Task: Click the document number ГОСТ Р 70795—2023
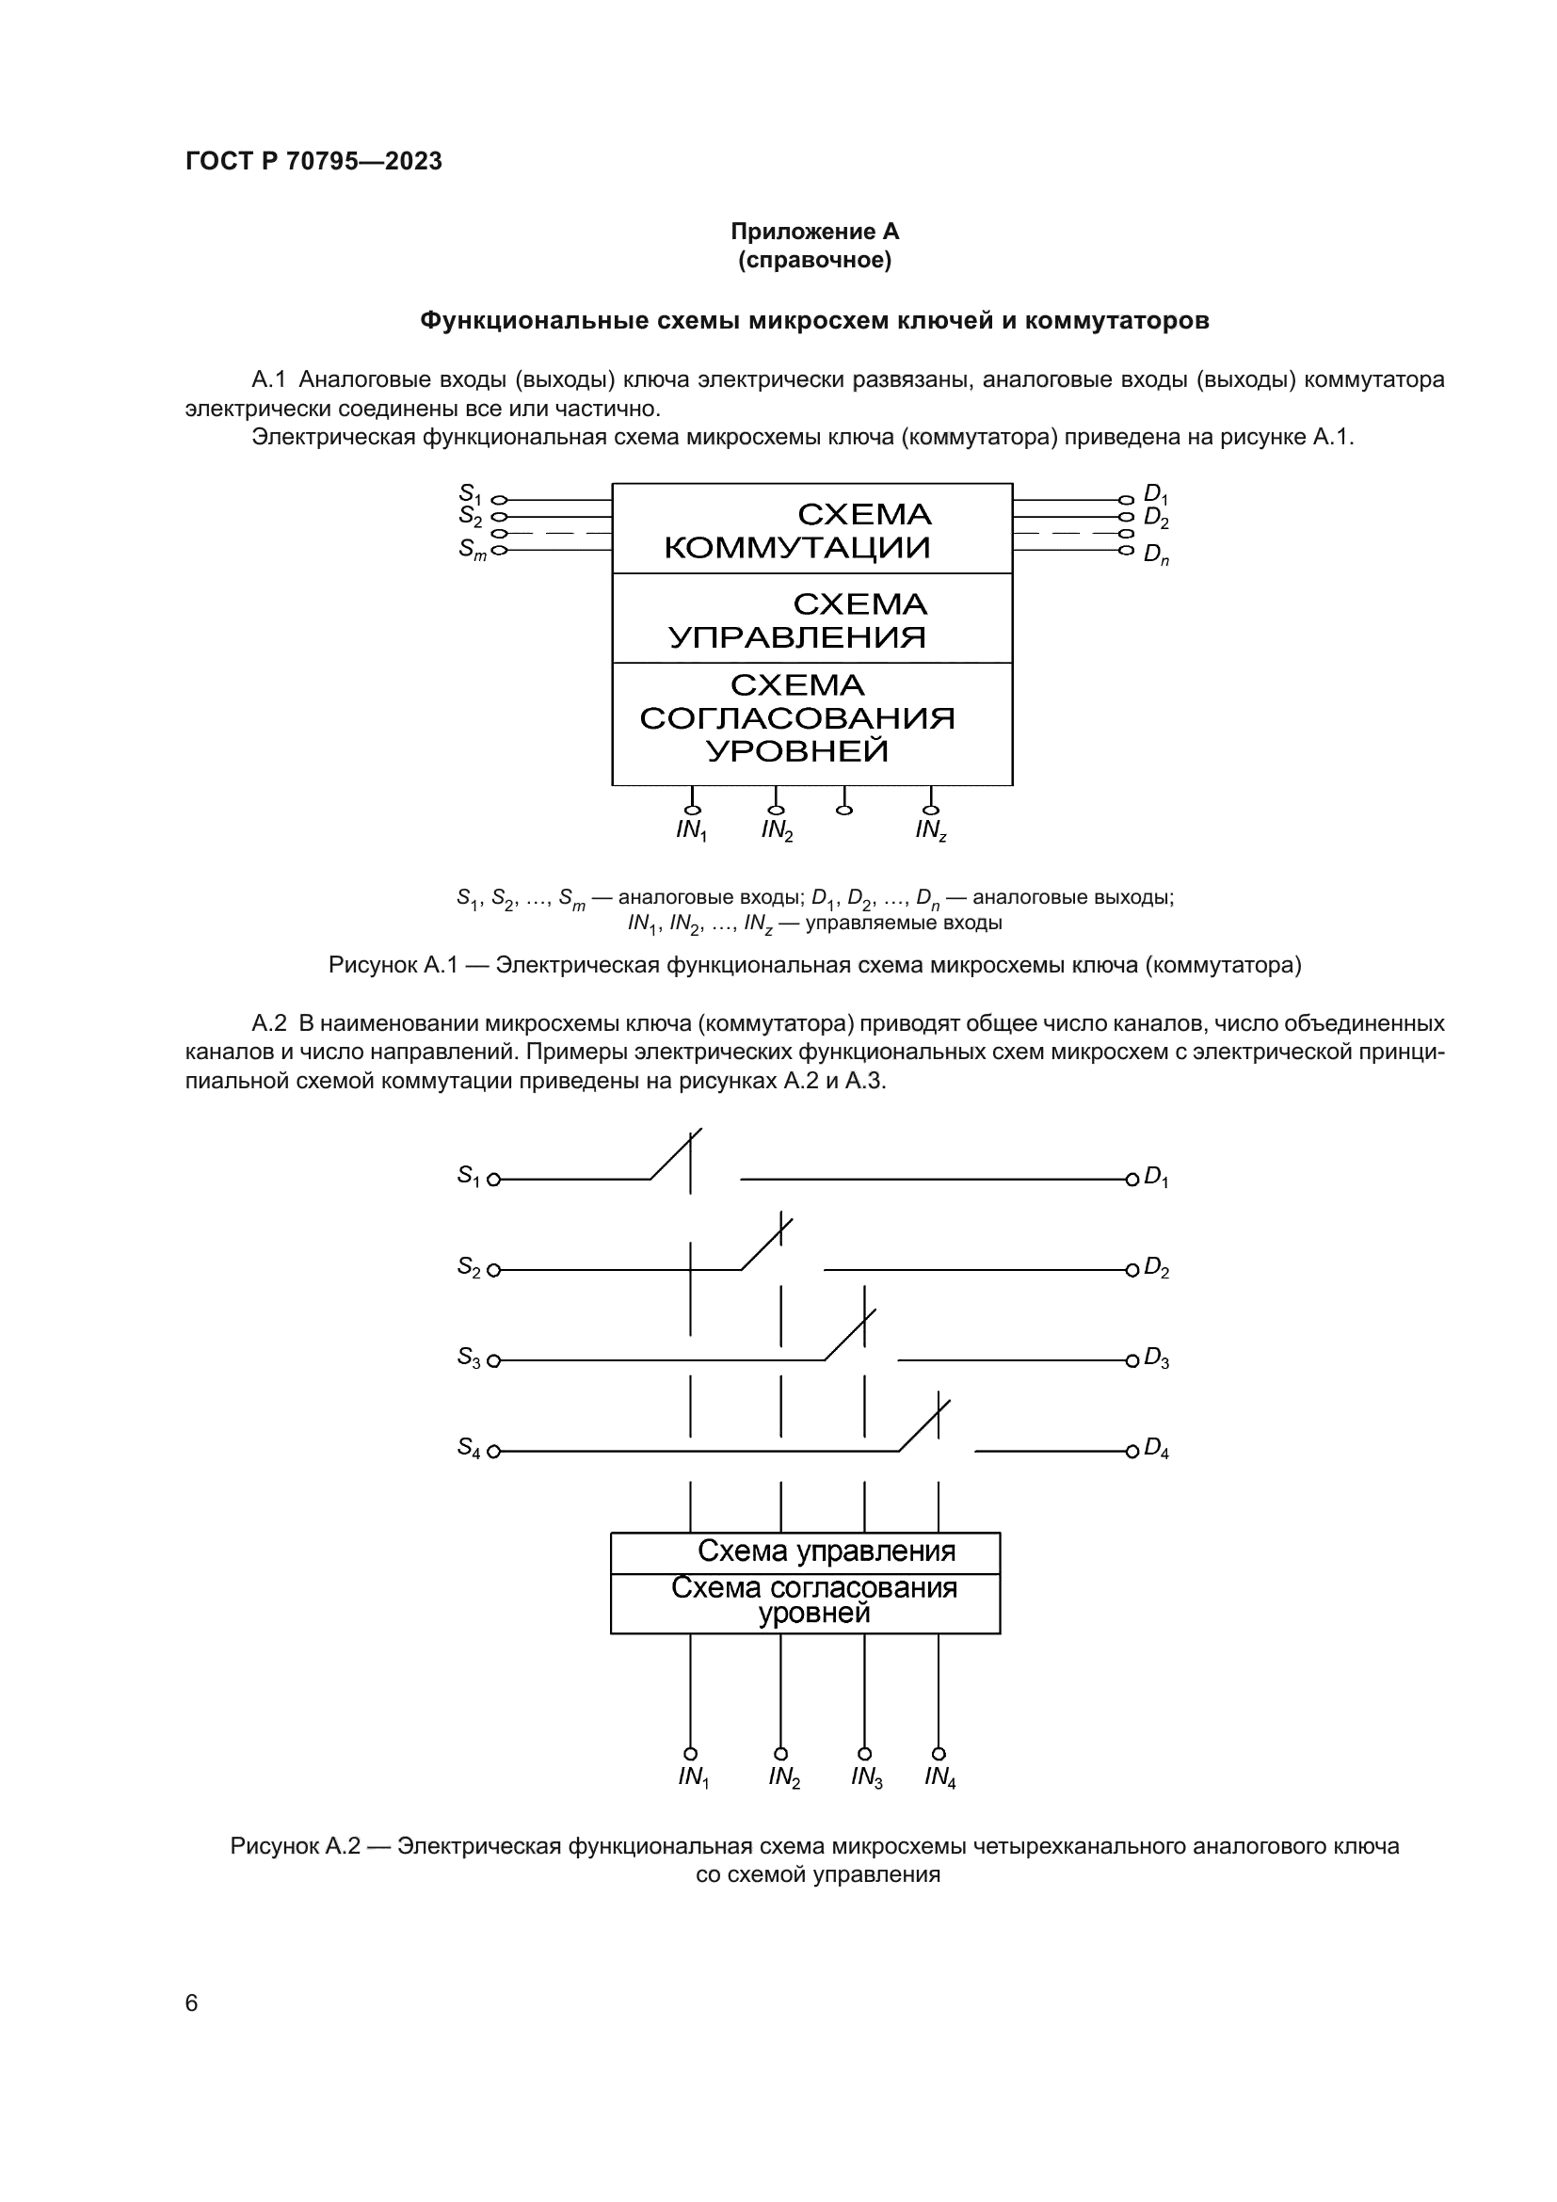click(313, 161)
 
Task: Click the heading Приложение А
click(814, 232)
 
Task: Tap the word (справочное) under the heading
click(814, 260)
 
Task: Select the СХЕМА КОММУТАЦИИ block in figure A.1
click(812, 529)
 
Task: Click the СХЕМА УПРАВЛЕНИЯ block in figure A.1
click(812, 619)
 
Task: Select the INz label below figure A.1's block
click(930, 830)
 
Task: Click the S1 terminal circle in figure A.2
click(494, 1180)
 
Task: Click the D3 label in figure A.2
click(1156, 1359)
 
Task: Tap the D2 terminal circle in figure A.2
click(1132, 1270)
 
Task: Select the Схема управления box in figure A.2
click(806, 1551)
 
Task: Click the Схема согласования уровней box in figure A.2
click(806, 1601)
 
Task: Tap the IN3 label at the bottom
click(866, 1777)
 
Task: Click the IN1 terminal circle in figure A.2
click(690, 1753)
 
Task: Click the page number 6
click(192, 2002)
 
